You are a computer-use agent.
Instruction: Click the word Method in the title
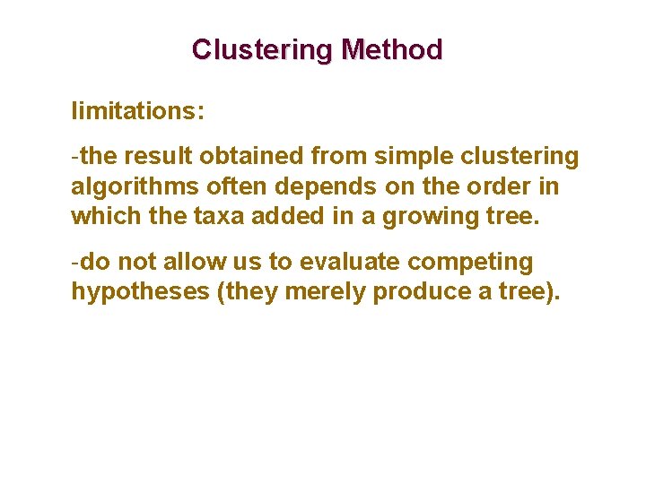pyautogui.click(x=397, y=49)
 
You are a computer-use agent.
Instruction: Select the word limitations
pyautogui.click(x=137, y=112)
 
